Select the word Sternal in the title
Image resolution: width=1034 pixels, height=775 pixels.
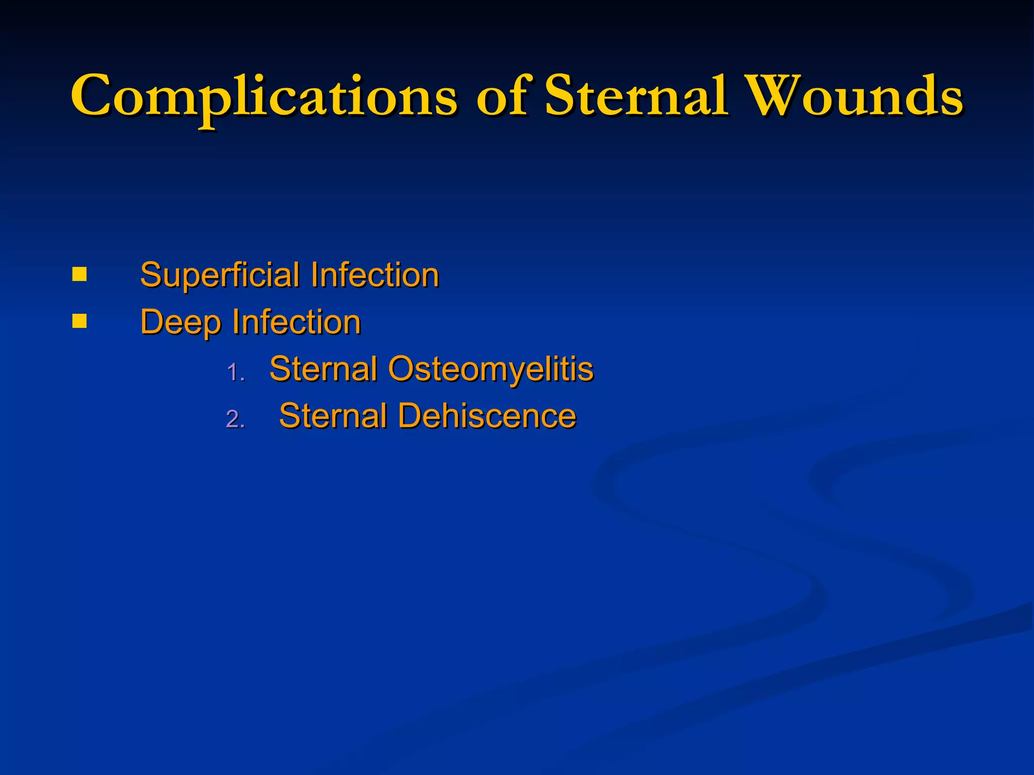636,96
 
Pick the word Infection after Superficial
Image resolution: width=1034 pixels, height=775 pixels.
375,275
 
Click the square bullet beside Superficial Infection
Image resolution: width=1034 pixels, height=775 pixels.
79,275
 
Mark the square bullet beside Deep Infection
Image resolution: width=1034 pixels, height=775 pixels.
79,321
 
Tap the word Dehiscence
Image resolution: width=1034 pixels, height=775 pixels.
487,416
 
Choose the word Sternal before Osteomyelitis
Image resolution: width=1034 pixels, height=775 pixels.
324,369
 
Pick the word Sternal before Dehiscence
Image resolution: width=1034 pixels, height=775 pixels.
333,416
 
